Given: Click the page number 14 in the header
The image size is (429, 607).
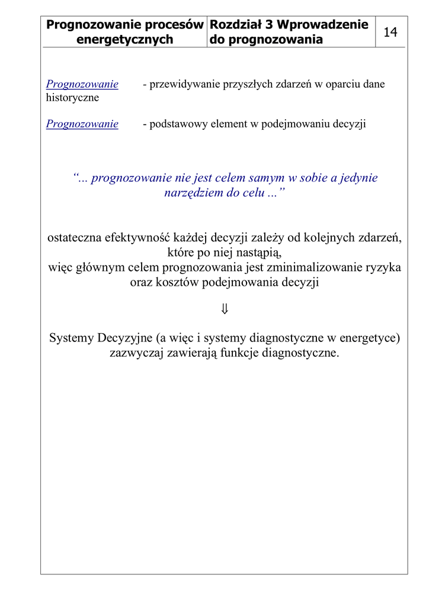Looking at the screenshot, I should (390, 32).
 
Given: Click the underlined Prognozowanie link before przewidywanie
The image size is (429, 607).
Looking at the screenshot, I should (82, 84).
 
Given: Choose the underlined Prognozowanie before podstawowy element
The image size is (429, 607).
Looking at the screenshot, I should (82, 124).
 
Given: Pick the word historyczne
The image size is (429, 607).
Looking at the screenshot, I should (72, 98).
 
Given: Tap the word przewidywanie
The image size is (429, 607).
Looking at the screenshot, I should (185, 84).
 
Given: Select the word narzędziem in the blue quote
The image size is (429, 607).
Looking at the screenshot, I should (193, 193).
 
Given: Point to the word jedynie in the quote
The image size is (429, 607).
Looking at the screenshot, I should (357, 178).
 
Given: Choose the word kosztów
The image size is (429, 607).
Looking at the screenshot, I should (176, 282).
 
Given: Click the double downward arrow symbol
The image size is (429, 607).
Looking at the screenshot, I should (224, 309).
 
